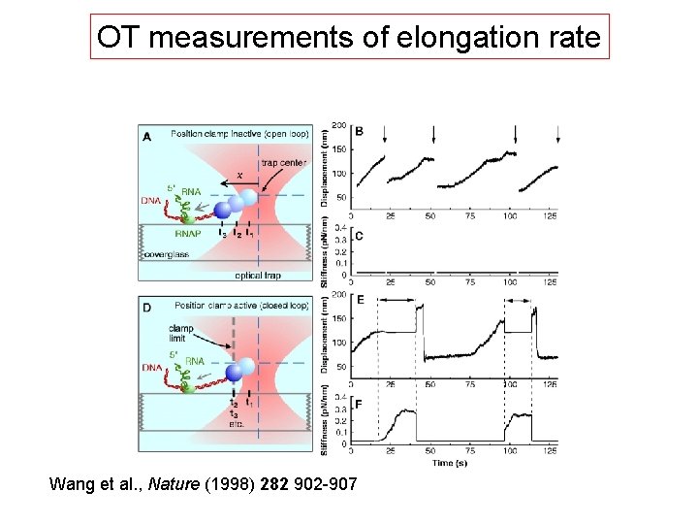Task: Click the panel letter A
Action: coord(147,137)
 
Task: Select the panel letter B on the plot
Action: coord(360,131)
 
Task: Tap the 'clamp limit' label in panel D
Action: coord(181,333)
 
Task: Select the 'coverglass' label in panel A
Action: coord(165,255)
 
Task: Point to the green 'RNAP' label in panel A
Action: coord(188,233)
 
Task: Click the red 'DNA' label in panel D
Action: coord(153,367)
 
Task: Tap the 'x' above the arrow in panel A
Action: coord(240,175)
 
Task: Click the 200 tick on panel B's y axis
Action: coord(339,125)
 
